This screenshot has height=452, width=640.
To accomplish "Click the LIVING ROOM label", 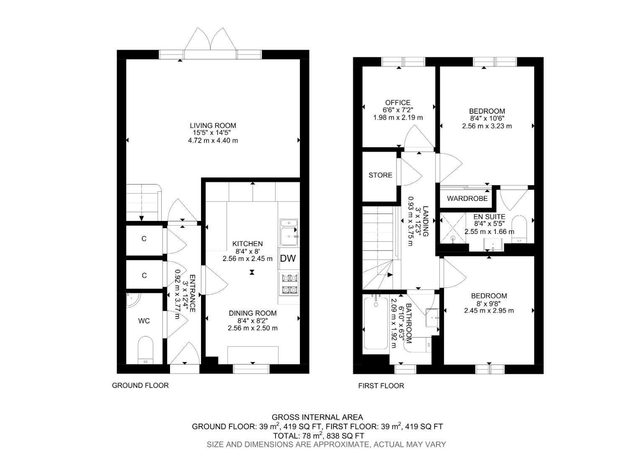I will point(213,126).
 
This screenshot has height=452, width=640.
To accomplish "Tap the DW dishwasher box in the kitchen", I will point(288,259).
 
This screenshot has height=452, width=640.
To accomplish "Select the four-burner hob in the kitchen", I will point(289,283).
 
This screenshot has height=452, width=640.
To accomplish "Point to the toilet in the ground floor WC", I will point(145,350).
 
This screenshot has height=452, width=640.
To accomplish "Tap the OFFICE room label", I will point(397,103).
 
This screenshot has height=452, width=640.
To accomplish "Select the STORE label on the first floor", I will point(380,175).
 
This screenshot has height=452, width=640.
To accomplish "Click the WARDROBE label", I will point(467,198).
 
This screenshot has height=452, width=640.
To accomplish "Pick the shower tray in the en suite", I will point(453,228).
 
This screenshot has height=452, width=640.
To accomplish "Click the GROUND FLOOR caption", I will point(140,385).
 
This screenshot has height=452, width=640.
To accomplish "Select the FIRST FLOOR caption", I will point(381,386).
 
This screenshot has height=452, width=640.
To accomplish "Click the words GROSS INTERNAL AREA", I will point(317,417).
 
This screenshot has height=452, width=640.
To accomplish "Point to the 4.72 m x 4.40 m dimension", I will point(213,141).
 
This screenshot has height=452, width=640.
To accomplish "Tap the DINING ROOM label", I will point(253,313).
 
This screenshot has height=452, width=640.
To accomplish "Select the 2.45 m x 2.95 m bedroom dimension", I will point(488,311).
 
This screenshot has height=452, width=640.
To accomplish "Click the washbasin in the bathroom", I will point(432,317).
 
